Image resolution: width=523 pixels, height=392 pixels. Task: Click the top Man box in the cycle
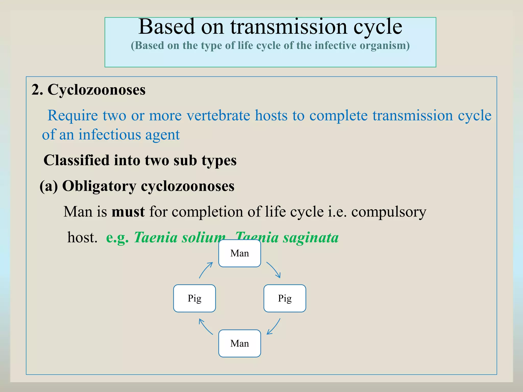click(240, 253)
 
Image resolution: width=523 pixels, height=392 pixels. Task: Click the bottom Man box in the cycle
click(240, 344)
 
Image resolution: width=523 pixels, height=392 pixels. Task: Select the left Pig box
click(194, 298)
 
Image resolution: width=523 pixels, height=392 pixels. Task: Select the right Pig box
click(285, 298)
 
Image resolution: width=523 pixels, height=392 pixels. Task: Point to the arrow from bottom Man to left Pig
click(205, 327)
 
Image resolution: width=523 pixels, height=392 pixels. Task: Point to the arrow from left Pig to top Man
click(205, 270)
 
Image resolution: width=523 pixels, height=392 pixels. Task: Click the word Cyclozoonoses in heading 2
click(97, 90)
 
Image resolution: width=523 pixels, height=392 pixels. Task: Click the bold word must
click(128, 212)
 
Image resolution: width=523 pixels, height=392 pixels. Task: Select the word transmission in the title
click(289, 27)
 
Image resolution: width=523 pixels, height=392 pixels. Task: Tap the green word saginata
click(311, 238)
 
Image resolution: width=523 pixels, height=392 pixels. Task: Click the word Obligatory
click(99, 186)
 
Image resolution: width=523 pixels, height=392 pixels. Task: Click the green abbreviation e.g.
click(117, 238)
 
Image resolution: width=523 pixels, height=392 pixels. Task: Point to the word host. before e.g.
click(82, 238)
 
